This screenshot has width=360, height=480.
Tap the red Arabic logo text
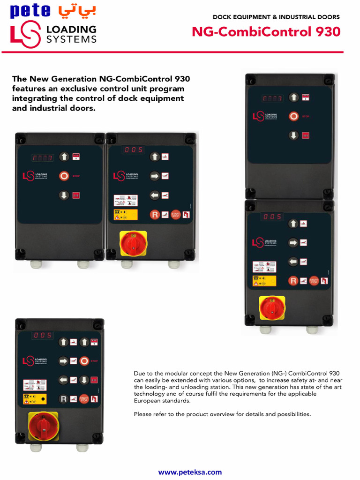pyautogui.click(x=76, y=11)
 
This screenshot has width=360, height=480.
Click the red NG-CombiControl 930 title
pyautogui.click(x=266, y=32)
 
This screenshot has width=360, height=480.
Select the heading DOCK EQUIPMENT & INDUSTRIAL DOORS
pyautogui.click(x=276, y=17)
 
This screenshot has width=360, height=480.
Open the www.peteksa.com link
pyautogui.click(x=190, y=472)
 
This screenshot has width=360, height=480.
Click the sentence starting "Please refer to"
pyautogui.click(x=222, y=414)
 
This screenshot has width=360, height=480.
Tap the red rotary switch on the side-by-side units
pyautogui.click(x=133, y=243)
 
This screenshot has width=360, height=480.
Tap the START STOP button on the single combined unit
pyautogui.click(x=84, y=398)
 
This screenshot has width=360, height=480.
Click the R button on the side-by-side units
pyautogui.click(x=154, y=215)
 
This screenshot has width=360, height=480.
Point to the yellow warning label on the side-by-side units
pyautogui.click(x=126, y=215)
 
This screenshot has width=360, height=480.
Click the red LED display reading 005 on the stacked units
pyautogui.click(x=272, y=217)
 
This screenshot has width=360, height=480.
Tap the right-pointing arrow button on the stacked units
pyautogui.click(x=293, y=242)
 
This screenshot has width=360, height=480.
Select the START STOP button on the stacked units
pyautogui.click(x=314, y=281)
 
